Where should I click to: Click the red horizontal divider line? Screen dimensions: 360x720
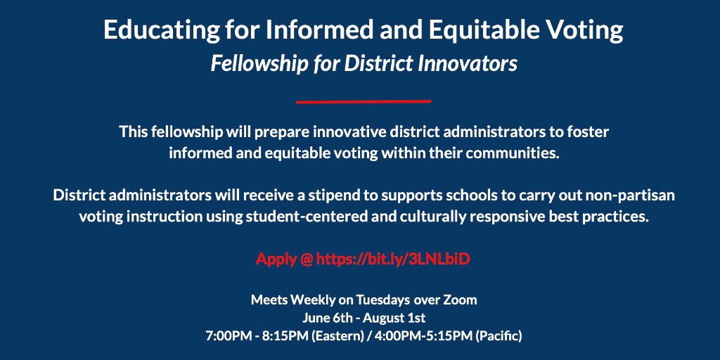[x=363, y=101]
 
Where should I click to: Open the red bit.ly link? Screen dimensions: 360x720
[x=392, y=259]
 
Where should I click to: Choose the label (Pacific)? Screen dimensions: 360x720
[x=499, y=336]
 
